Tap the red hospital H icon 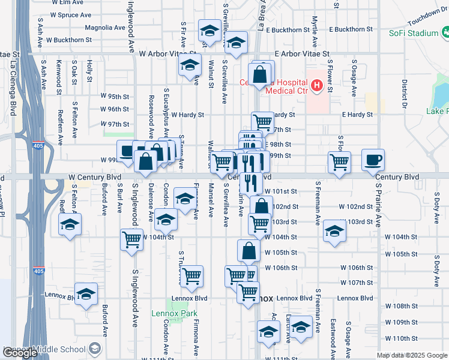point(316,86)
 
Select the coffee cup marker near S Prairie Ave point(373,160)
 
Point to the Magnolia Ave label point(104,28)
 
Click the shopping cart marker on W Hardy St point(262,122)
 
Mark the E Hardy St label point(357,115)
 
